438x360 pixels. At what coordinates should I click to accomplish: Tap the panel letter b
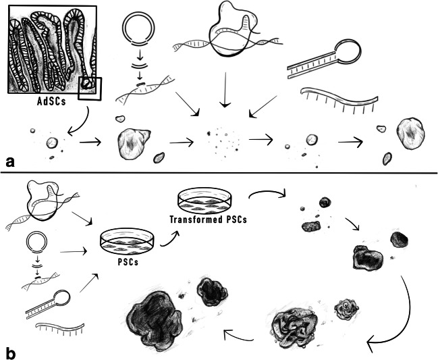[9, 352]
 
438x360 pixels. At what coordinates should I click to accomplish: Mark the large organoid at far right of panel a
[411, 132]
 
